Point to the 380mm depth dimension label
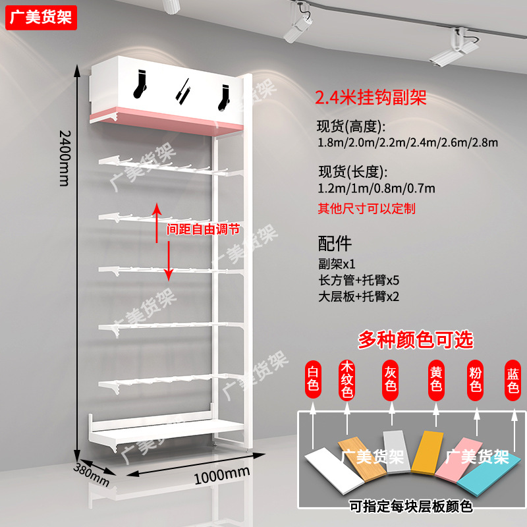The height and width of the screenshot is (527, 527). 92,472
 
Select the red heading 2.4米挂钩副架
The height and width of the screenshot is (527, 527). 371,99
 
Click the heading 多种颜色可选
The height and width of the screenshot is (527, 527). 416,340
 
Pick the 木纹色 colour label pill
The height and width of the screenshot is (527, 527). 347,380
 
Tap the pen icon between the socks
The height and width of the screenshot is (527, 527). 184,90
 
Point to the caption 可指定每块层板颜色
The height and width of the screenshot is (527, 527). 411,507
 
